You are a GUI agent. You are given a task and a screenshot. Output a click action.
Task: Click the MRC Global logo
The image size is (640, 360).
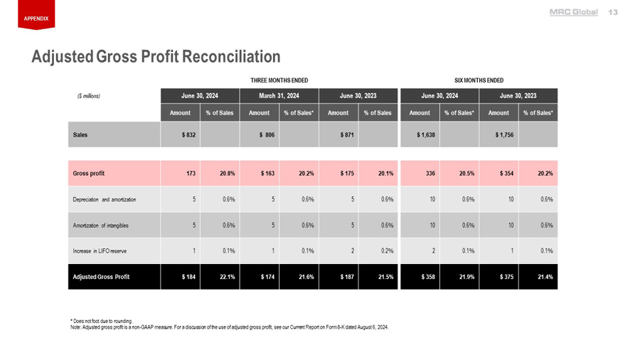[574, 12]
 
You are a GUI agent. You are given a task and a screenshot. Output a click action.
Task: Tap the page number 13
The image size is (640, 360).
[614, 12]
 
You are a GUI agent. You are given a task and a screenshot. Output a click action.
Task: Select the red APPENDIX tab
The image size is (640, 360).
[36, 18]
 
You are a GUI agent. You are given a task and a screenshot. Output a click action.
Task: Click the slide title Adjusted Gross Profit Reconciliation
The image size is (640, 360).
[156, 55]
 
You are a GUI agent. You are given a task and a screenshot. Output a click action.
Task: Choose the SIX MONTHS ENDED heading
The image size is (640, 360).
[479, 80]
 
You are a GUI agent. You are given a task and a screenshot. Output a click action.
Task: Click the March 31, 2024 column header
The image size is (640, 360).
[279, 95]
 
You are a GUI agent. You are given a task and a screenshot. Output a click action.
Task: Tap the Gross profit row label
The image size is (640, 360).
[89, 173]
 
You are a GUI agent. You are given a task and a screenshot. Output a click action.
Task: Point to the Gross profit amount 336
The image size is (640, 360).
[430, 173]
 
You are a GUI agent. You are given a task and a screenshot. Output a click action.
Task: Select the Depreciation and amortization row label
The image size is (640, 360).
[104, 199]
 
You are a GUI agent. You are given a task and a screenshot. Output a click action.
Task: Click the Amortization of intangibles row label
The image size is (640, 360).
[100, 226]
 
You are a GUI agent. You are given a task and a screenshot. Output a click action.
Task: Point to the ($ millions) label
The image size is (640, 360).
[90, 95]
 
